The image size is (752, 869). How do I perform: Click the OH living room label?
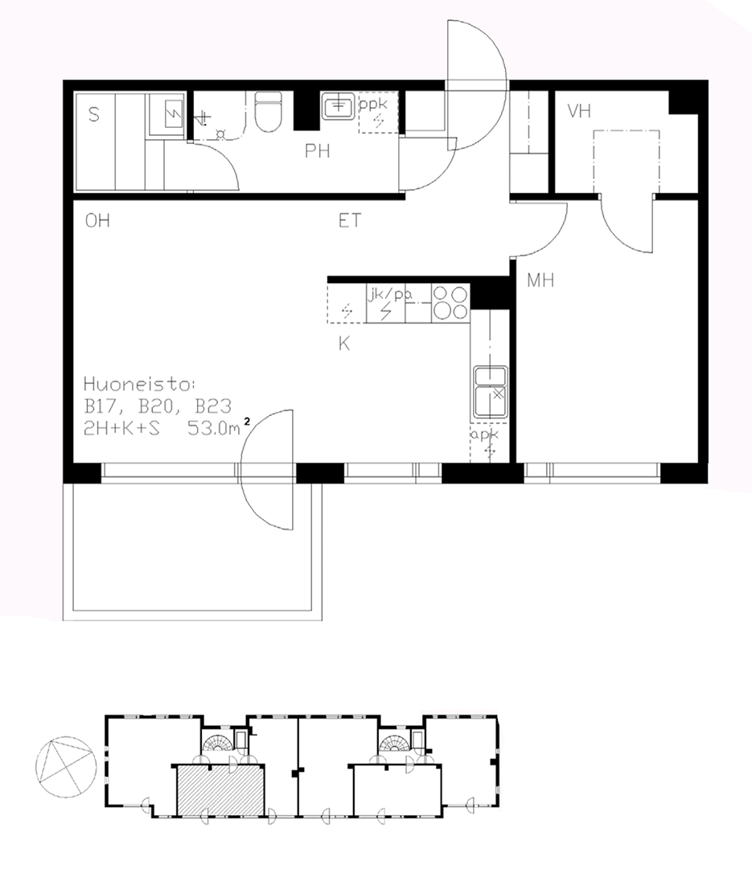(97, 220)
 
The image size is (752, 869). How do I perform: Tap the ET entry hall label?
(350, 220)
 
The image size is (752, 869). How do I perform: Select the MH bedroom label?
(540, 281)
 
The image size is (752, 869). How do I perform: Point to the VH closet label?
(579, 111)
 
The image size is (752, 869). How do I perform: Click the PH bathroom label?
(318, 150)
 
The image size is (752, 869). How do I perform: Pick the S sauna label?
(93, 115)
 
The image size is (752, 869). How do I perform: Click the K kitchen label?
(344, 344)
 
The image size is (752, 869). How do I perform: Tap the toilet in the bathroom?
(268, 111)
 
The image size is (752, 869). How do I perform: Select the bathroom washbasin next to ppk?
(338, 105)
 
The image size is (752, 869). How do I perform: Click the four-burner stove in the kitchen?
(450, 303)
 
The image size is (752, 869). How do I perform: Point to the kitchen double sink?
(491, 391)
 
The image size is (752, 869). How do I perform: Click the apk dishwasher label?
(484, 435)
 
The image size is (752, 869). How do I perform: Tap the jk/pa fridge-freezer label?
(390, 294)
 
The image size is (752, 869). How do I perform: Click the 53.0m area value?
(214, 428)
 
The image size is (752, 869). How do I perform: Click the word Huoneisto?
(139, 384)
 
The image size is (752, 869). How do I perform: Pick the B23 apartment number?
(213, 406)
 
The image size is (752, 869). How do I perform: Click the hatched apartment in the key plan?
(220, 791)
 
